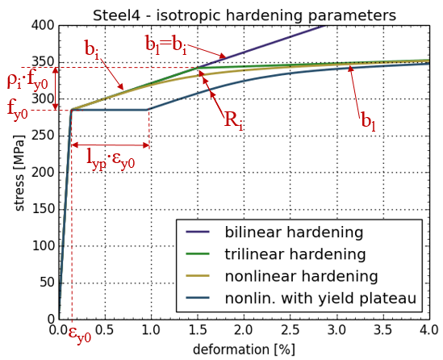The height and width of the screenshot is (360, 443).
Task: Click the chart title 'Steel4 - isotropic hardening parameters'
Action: [x=244, y=15]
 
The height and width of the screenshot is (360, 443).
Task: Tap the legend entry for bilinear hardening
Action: [x=274, y=232]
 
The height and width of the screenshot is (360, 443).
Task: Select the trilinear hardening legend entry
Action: [x=275, y=254]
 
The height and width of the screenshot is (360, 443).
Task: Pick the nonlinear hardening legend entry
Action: [x=282, y=276]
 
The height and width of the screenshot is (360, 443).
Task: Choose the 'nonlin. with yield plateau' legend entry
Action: [x=301, y=298]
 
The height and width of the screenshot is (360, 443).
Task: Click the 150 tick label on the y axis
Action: [x=43, y=209]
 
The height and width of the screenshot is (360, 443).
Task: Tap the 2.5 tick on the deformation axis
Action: [x=290, y=330]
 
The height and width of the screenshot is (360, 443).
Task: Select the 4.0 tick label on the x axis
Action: [x=429, y=330]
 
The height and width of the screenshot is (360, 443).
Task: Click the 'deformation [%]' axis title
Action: [x=244, y=350]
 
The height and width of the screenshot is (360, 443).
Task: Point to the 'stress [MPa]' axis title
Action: [x=19, y=173]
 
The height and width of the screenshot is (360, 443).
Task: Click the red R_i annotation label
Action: [x=233, y=120]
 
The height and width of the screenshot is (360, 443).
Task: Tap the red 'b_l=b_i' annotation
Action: [x=166, y=44]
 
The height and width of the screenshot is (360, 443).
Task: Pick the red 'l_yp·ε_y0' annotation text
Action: [x=111, y=159]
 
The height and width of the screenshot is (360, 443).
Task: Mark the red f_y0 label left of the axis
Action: [x=18, y=110]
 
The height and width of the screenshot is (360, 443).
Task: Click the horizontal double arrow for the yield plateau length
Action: [x=111, y=145]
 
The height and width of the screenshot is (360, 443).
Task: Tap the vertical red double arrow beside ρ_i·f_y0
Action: [x=56, y=89]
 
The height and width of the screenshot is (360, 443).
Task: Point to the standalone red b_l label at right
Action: [x=369, y=122]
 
